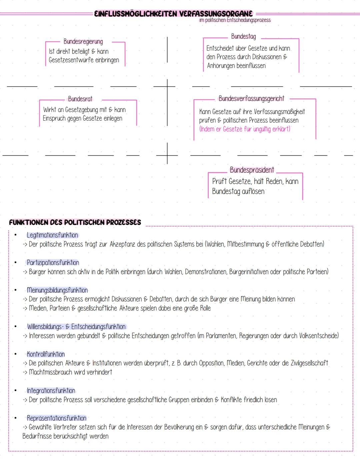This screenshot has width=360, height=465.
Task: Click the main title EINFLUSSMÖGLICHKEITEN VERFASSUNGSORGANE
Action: click(x=173, y=14)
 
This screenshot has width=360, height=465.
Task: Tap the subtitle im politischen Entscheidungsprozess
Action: click(x=235, y=20)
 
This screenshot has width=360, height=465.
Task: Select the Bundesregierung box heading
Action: click(x=83, y=42)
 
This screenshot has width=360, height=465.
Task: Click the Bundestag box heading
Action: click(x=243, y=36)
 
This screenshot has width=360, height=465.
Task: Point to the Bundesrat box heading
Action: click(x=80, y=99)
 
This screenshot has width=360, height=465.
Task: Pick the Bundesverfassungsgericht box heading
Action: click(x=251, y=99)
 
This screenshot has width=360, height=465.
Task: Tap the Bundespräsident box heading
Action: click(x=252, y=170)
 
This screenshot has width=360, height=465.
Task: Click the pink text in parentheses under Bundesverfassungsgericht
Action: click(x=245, y=129)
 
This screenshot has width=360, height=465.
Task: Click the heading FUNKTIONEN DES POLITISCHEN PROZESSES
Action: click(x=75, y=222)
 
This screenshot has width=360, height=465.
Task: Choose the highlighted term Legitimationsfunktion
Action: click(x=52, y=235)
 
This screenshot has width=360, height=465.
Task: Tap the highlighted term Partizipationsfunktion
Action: click(x=53, y=263)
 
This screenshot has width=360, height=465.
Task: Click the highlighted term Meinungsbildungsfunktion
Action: click(x=57, y=290)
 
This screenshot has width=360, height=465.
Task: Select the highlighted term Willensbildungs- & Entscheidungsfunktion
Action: click(x=76, y=327)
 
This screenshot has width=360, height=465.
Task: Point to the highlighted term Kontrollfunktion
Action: click(x=46, y=354)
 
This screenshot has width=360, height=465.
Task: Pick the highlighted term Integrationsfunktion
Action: click(x=51, y=391)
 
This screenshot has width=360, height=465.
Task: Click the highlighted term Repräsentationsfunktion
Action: click(x=56, y=418)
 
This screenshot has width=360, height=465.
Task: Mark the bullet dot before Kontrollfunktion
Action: click(x=15, y=354)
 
